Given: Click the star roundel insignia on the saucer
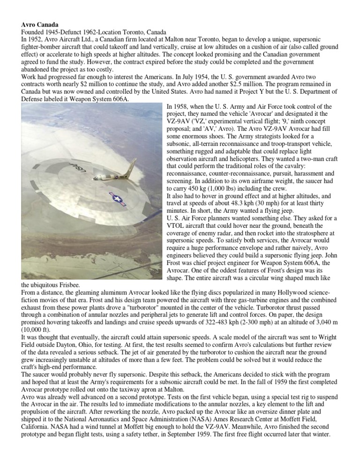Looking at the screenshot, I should click(117, 199).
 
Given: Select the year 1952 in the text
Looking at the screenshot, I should click(39, 39).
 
